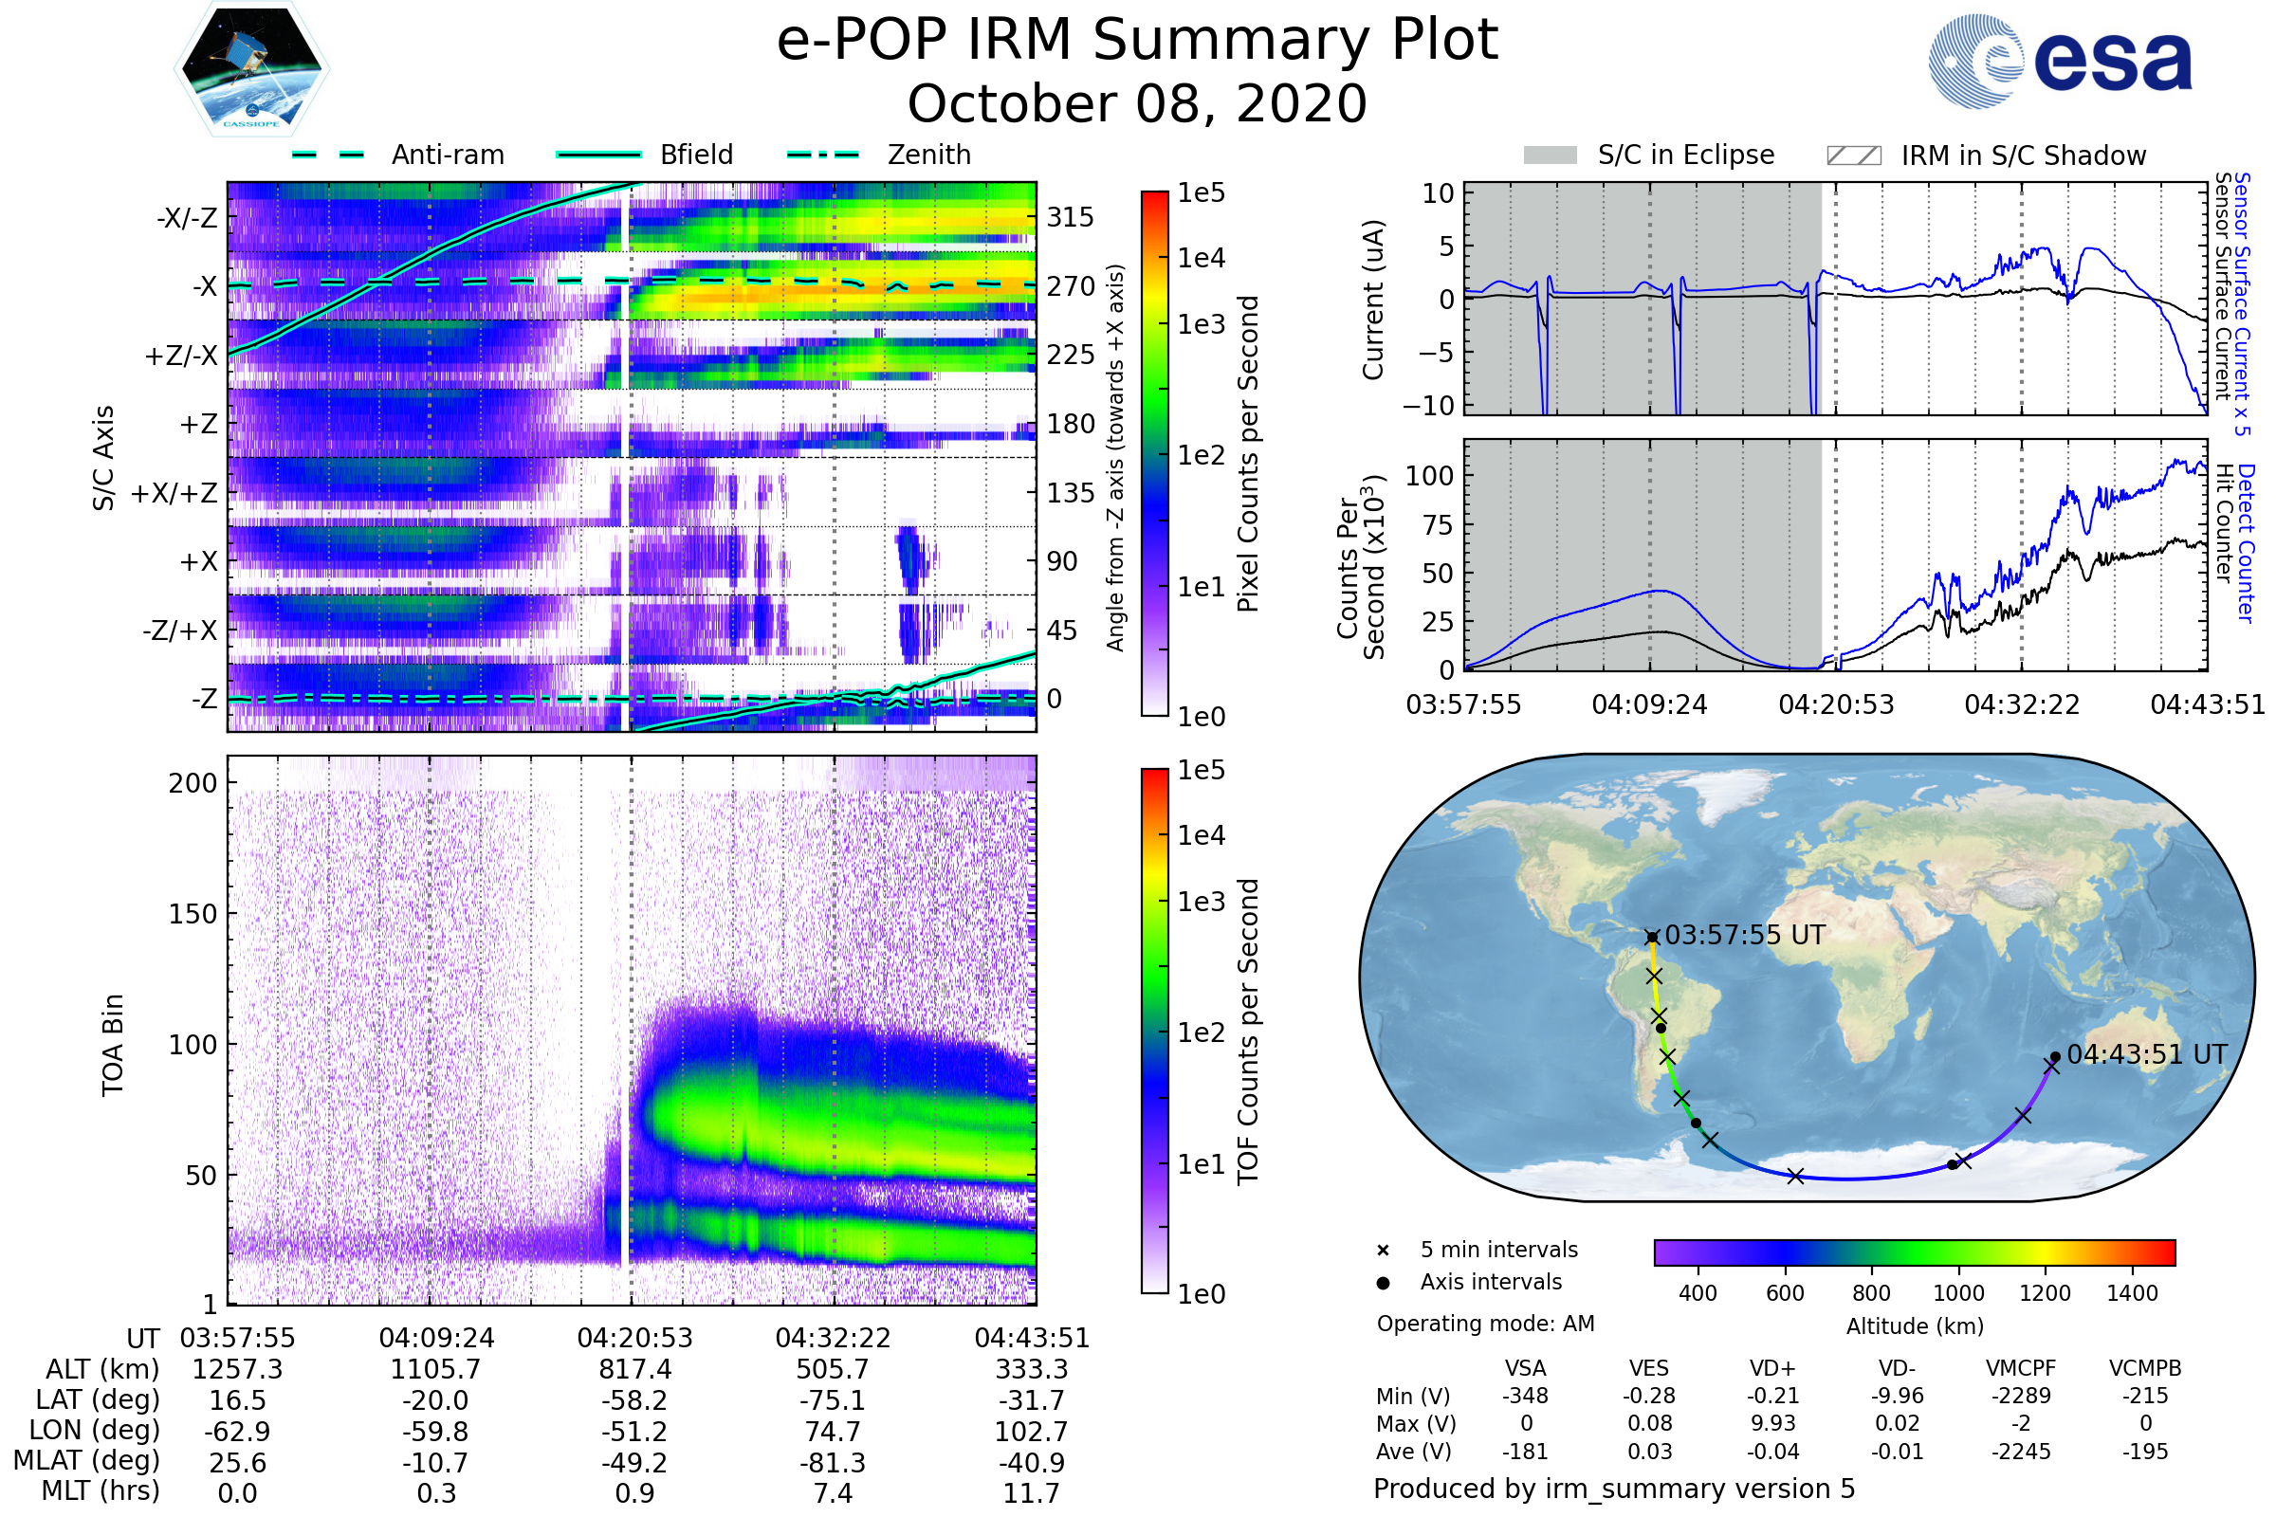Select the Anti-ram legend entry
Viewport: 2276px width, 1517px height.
coord(447,155)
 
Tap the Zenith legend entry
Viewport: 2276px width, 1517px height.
coord(928,155)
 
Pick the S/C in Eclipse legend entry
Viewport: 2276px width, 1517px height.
coord(1685,155)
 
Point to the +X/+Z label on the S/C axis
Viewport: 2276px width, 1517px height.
coord(174,493)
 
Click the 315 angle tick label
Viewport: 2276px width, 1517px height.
coord(1070,217)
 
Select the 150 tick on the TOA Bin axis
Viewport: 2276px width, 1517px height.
coord(193,914)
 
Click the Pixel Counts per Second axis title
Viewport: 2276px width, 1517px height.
coord(1248,454)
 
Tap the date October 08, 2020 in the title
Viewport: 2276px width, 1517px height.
coord(1137,103)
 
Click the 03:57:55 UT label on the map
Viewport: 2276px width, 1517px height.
coord(1744,936)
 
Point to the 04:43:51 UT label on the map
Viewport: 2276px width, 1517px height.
coord(2146,1054)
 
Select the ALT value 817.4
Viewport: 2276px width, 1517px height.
coord(634,1370)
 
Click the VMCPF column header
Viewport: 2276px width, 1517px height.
coord(2021,1369)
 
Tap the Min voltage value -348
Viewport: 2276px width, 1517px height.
coord(1525,1396)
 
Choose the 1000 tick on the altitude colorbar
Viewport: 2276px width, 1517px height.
coord(1957,1293)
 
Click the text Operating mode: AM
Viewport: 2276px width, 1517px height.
coord(1485,1324)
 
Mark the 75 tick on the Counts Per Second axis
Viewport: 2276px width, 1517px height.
coord(1437,525)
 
